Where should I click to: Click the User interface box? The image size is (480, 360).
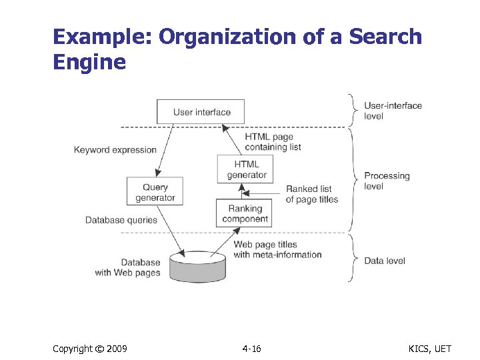coord(201,111)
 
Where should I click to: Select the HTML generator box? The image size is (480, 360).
coord(245,169)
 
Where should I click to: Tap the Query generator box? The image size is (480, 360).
coord(155,192)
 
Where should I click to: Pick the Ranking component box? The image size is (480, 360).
coord(245,213)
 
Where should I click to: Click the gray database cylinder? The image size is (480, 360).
coord(198,267)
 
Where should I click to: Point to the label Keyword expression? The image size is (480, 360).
coord(115,150)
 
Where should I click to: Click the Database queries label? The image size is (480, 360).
coord(121,220)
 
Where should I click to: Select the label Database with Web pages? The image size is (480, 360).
coord(129,267)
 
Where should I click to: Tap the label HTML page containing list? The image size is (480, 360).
coord(269,142)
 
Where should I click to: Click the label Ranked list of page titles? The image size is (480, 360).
coord(311,194)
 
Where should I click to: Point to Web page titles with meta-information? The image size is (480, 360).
coord(277,249)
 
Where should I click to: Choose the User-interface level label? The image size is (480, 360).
coord(393,111)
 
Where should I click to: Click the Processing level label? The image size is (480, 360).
coord(387,181)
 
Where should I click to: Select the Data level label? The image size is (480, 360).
coord(385,261)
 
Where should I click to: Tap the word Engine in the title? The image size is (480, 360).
coord(89,62)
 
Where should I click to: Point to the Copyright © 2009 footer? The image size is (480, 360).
coord(90,349)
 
